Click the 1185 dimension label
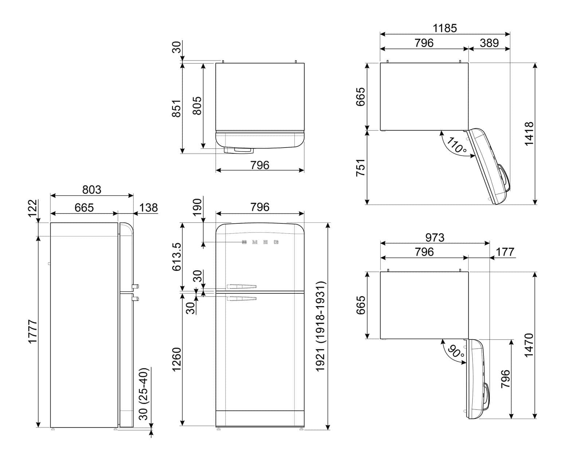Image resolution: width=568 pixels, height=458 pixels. click(x=445, y=28)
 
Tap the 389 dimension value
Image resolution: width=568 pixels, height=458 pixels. click(x=489, y=43)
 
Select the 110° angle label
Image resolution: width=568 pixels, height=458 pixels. click(x=457, y=145)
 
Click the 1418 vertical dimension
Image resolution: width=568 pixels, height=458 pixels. click(x=529, y=134)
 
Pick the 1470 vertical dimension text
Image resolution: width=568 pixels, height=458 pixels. click(x=529, y=345)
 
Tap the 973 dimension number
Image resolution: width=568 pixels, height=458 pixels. click(x=435, y=238)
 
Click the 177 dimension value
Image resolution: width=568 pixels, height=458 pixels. click(x=505, y=252)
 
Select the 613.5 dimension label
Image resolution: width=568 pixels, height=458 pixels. click(x=177, y=257)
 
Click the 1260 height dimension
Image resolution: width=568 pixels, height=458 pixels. click(x=177, y=360)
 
